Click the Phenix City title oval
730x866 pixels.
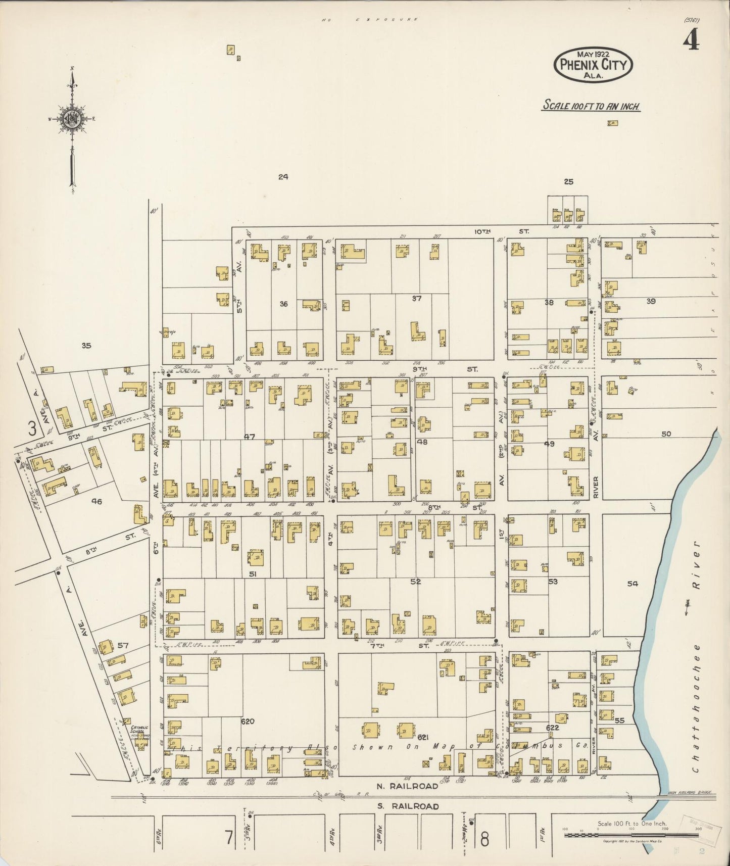(x=594, y=65)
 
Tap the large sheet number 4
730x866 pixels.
(x=691, y=41)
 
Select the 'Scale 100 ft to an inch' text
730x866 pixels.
(x=592, y=106)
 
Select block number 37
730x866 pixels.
(x=416, y=298)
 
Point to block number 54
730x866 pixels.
(x=632, y=584)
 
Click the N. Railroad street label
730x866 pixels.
(x=408, y=786)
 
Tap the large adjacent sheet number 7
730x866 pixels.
(x=229, y=838)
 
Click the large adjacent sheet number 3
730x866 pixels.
(x=33, y=429)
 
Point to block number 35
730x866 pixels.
(x=86, y=346)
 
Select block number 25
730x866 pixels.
(x=568, y=182)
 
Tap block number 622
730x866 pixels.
(x=552, y=728)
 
